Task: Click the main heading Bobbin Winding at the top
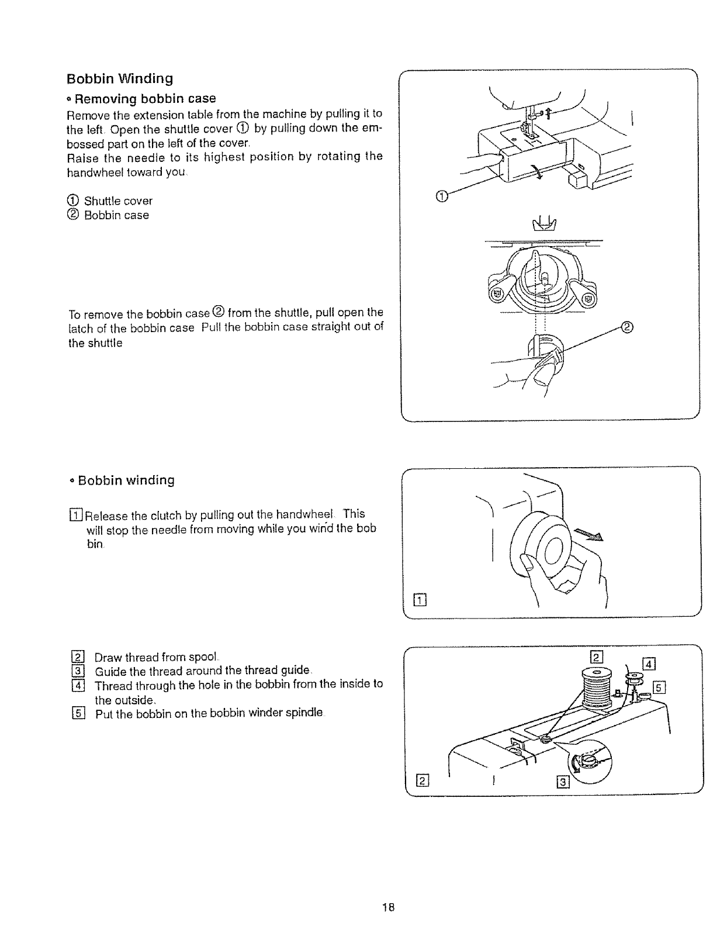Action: pos(120,78)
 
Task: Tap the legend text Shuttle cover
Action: pos(118,201)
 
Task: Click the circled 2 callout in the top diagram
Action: pos(626,327)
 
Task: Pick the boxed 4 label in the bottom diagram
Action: pos(649,664)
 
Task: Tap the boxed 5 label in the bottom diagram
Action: pos(659,687)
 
